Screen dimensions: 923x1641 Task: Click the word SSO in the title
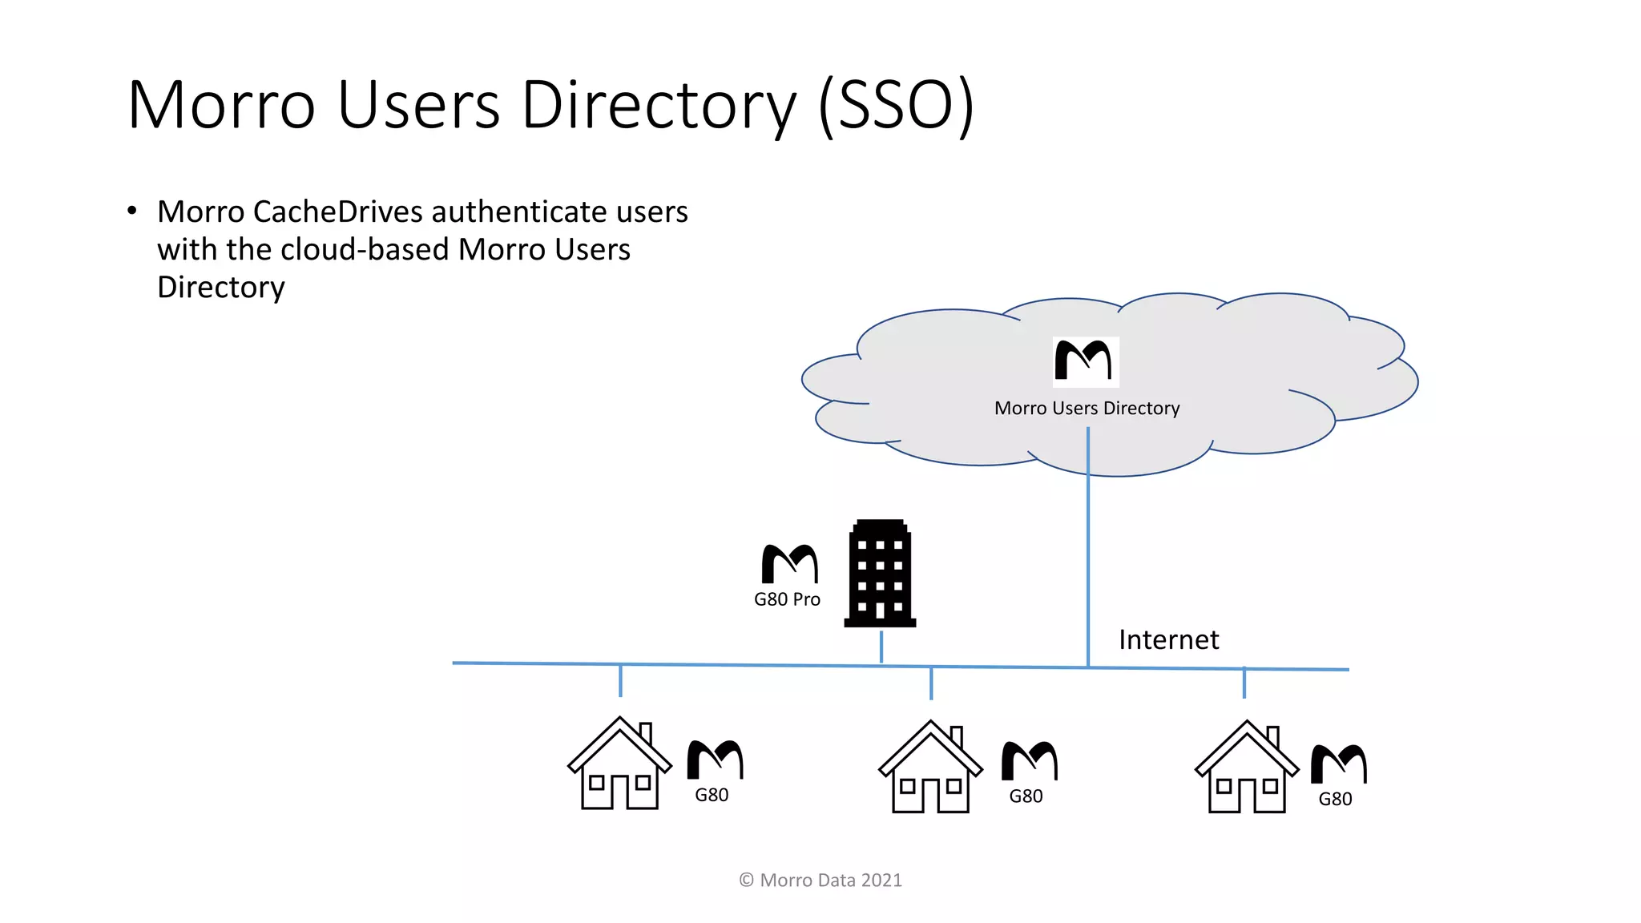(896, 105)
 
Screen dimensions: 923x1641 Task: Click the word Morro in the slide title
(222, 105)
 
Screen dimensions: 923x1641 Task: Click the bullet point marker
(132, 211)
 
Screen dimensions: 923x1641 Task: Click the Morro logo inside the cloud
(1084, 361)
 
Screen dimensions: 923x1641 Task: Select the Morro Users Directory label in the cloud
(1087, 408)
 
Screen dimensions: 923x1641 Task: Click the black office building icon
(880, 574)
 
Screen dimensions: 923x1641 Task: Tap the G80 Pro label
(787, 599)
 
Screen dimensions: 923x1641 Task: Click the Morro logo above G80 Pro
(789, 564)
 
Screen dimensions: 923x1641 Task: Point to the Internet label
(1168, 639)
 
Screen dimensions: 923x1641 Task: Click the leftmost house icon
(619, 765)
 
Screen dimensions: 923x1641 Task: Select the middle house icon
(930, 768)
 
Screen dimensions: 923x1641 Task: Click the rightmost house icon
(1246, 768)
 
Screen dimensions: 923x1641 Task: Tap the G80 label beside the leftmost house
(712, 795)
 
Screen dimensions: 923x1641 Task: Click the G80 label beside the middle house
(1026, 796)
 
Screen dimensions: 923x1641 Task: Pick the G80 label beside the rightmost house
(1335, 799)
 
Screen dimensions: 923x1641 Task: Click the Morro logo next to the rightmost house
(1338, 764)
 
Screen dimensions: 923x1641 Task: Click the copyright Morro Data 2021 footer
(820, 880)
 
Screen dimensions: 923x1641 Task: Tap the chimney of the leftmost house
(646, 732)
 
